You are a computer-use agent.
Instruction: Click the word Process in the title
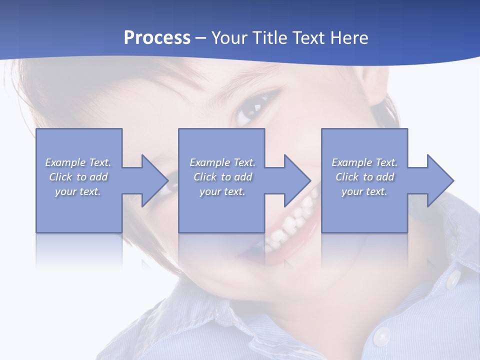pyautogui.click(x=157, y=38)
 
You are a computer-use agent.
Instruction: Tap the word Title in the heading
pyautogui.click(x=267, y=38)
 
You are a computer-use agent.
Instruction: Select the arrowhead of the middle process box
pyautogui.click(x=297, y=180)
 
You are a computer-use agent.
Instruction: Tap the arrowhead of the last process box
pyautogui.click(x=439, y=180)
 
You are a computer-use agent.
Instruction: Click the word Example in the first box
pyautogui.click(x=65, y=162)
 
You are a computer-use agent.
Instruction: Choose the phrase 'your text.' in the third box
pyautogui.click(x=364, y=191)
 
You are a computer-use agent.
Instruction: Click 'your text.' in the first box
pyautogui.click(x=77, y=191)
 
